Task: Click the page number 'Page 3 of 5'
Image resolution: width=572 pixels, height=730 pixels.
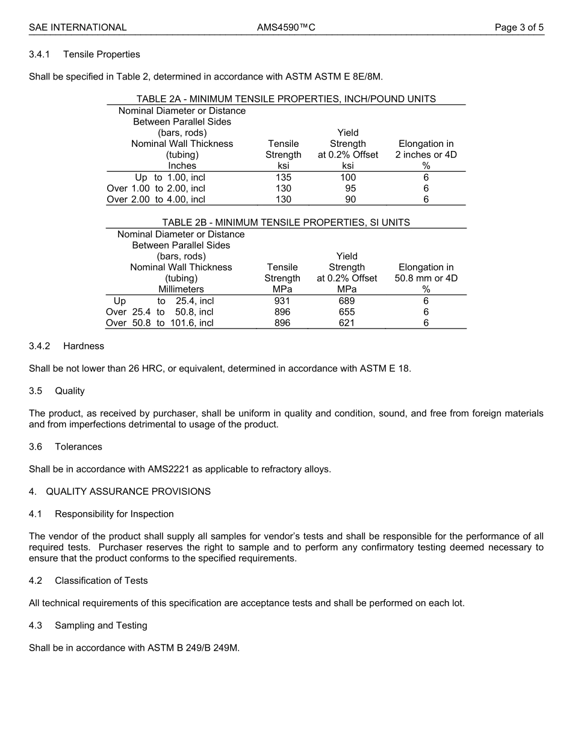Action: pyautogui.click(x=519, y=27)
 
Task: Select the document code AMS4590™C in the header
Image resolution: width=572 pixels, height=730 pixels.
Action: pyautogui.click(x=286, y=27)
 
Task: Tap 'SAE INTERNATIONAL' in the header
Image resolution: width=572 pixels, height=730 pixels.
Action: pyautogui.click(x=78, y=27)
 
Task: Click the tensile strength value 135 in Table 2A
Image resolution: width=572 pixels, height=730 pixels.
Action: pyautogui.click(x=283, y=178)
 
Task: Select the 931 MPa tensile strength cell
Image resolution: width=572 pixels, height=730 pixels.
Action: pyautogui.click(x=282, y=301)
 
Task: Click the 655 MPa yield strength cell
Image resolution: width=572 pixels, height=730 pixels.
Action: pyautogui.click(x=347, y=312)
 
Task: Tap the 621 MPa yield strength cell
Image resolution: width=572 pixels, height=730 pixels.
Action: pyautogui.click(x=347, y=323)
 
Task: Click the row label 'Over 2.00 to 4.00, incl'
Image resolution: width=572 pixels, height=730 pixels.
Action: pyautogui.click(x=156, y=199)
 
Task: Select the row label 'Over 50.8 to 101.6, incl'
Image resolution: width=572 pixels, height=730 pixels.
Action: pyautogui.click(x=160, y=323)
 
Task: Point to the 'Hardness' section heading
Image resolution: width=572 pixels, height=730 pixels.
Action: pyautogui.click(x=84, y=346)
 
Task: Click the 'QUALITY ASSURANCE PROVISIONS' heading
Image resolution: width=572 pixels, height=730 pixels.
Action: pyautogui.click(x=128, y=491)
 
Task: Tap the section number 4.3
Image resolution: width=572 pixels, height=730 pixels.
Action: pyautogui.click(x=36, y=625)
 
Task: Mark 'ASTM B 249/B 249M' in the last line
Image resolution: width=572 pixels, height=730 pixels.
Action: pyautogui.click(x=193, y=648)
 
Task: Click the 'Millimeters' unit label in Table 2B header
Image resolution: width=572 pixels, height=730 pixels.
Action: pyautogui.click(x=181, y=289)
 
